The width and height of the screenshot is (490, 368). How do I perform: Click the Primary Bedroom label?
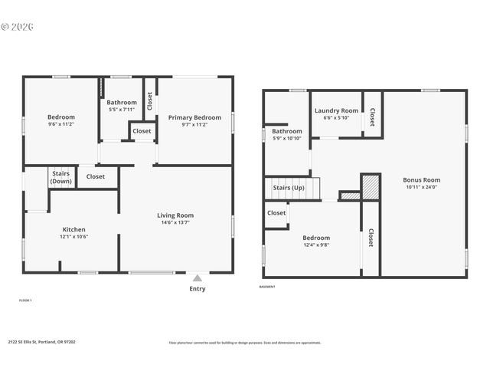click(194, 117)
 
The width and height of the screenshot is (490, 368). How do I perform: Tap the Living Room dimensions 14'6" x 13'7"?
click(175, 223)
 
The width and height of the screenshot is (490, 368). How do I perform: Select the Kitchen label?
click(73, 229)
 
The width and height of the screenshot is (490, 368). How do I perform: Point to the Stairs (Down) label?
click(61, 178)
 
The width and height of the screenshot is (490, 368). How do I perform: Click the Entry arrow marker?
click(198, 278)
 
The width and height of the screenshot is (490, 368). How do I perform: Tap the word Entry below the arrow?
click(198, 289)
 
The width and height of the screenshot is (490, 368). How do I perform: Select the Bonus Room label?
click(422, 180)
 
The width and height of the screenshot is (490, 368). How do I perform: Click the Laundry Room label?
click(336, 110)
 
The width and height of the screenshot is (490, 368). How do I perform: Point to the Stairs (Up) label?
click(289, 187)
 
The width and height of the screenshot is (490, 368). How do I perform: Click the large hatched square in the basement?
click(371, 187)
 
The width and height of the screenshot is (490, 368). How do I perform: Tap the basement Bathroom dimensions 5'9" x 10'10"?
click(287, 138)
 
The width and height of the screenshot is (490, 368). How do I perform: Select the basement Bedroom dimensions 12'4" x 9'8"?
click(315, 245)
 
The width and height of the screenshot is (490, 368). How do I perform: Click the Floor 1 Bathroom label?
click(122, 102)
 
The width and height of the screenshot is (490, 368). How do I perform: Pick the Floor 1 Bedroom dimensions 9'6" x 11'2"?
click(61, 123)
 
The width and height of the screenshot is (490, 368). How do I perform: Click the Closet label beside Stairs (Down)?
click(96, 176)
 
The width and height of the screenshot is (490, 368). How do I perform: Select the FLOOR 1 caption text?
click(25, 301)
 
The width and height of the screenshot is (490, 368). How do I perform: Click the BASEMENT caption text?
click(267, 287)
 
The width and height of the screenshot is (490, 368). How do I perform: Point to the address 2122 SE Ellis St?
click(41, 342)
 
